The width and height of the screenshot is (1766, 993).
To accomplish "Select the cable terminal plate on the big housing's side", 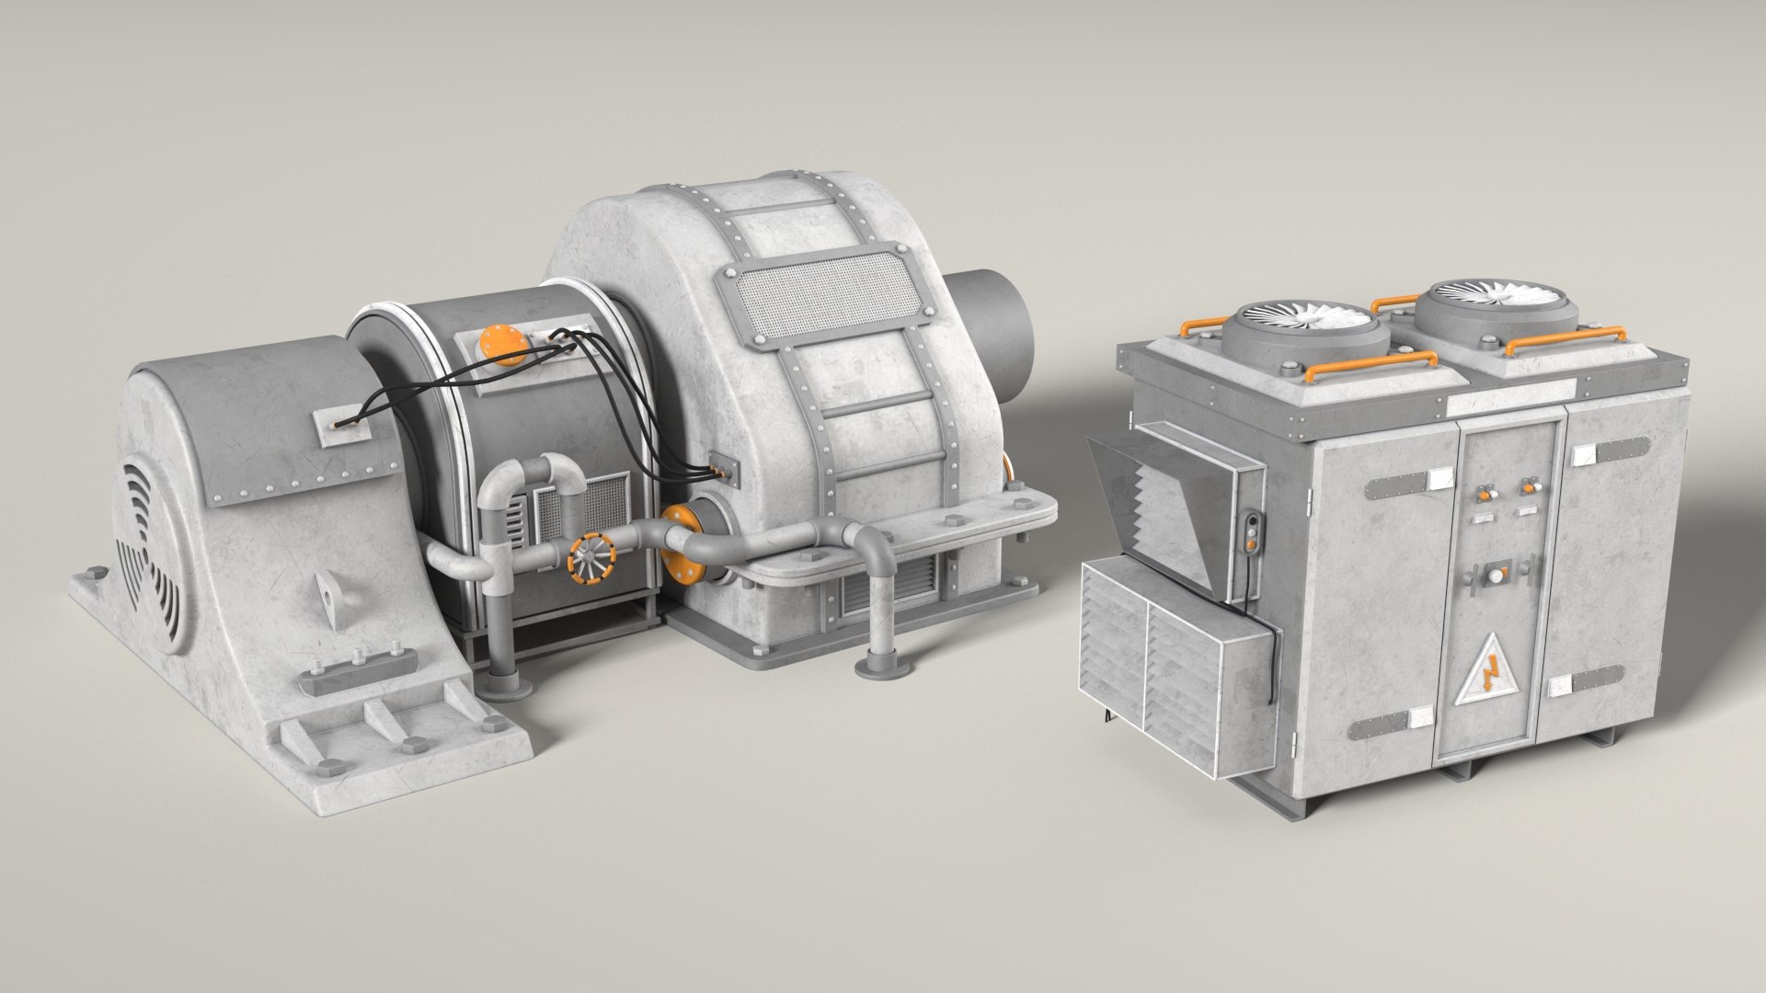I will pyautogui.click(x=724, y=470).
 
